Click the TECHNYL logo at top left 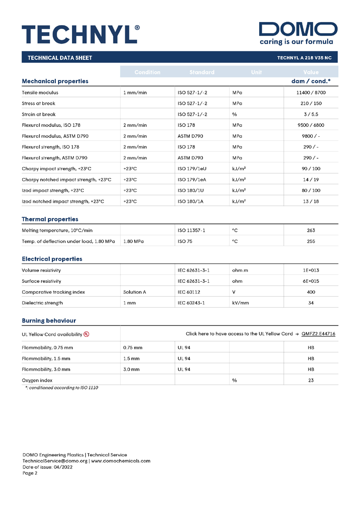pyautogui.click(x=81, y=34)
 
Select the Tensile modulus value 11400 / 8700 pyautogui.click(x=310, y=93)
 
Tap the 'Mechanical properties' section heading pyautogui.click(x=55, y=81)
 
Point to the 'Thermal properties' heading pyautogui.click(x=50, y=219)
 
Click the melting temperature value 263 pyautogui.click(x=310, y=230)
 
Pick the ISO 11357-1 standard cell pyautogui.click(x=191, y=230)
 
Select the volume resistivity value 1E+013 pyautogui.click(x=310, y=270)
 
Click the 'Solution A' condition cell pyautogui.click(x=135, y=292)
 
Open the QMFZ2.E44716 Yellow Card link pyautogui.click(x=318, y=334)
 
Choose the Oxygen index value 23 pyautogui.click(x=310, y=380)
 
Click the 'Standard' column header pyautogui.click(x=202, y=72)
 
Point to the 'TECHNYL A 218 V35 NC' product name pyautogui.click(x=304, y=58)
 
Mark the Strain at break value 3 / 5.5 pyautogui.click(x=310, y=114)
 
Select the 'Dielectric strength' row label pyautogui.click(x=42, y=303)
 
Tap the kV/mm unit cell pyautogui.click(x=240, y=303)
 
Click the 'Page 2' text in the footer pyautogui.click(x=31, y=473)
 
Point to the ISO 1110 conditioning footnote pyautogui.click(x=62, y=388)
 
